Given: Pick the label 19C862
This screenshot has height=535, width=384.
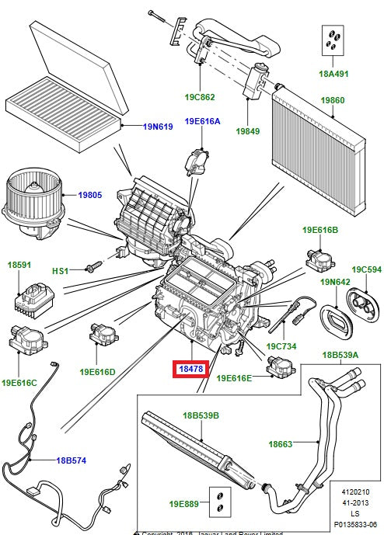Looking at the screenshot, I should tap(200, 98).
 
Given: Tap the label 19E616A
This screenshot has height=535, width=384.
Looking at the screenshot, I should tap(202, 122).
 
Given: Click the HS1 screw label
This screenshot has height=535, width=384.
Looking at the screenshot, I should tap(61, 270).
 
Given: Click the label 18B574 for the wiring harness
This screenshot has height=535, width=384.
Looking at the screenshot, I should tap(71, 460).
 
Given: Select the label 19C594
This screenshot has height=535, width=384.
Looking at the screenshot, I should tap(365, 269).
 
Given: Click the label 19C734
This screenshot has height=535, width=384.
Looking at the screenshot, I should tap(283, 346).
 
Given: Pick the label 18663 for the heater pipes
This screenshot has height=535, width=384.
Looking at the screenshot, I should tap(280, 444).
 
